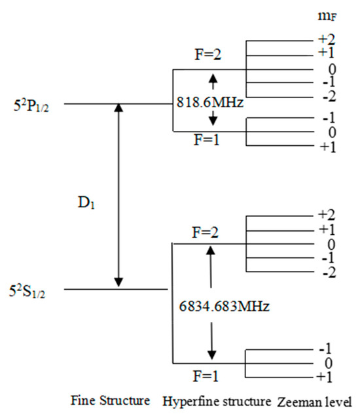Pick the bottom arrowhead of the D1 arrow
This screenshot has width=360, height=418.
coord(118,283)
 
